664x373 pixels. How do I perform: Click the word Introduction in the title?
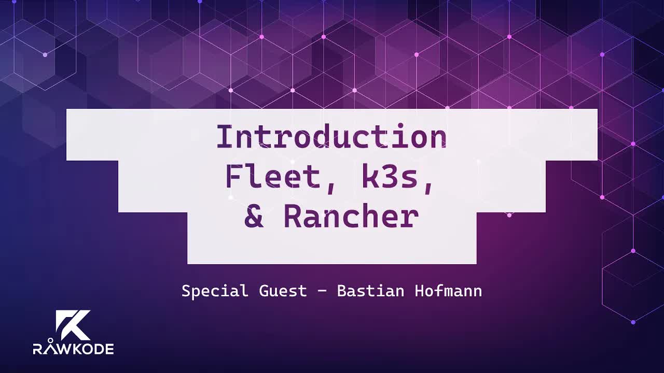point(331,137)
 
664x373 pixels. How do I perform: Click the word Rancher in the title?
point(351,217)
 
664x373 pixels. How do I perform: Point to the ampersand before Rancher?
point(254,217)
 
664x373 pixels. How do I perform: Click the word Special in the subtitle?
point(215,291)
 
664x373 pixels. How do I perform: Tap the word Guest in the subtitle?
point(283,291)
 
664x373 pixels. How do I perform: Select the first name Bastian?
point(370,291)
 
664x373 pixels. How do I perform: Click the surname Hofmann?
point(448,291)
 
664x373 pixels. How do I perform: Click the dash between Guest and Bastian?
point(322,292)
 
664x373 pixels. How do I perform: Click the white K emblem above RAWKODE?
point(73,325)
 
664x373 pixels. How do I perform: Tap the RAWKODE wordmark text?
point(73,349)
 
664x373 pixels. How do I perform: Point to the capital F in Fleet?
point(234,177)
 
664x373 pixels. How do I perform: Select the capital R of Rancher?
point(293,217)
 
